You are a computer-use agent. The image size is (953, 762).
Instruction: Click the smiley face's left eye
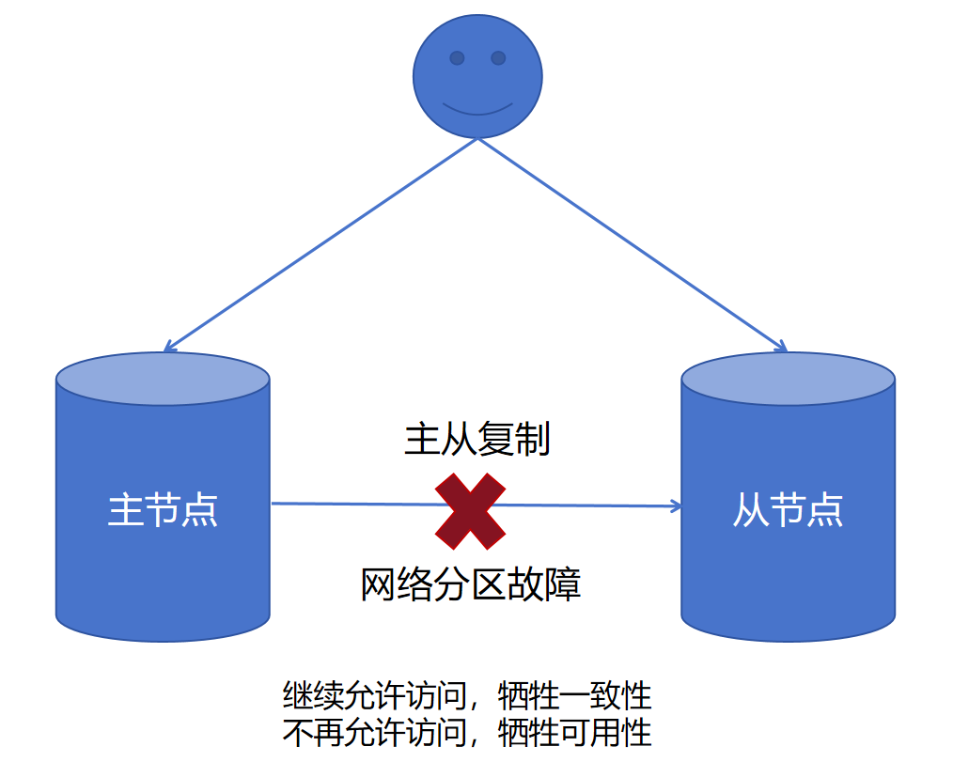[x=457, y=58]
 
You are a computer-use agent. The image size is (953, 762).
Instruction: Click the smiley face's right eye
[x=498, y=58]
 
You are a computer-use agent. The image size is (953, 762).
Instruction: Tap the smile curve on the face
[x=477, y=110]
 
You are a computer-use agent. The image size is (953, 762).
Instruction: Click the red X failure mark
[x=470, y=511]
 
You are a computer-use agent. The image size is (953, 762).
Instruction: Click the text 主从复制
[x=476, y=439]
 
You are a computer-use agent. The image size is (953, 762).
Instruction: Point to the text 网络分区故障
[x=471, y=584]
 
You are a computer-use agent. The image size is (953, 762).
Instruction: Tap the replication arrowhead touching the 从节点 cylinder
[x=676, y=506]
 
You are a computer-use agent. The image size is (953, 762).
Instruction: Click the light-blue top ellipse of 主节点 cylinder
[x=163, y=379]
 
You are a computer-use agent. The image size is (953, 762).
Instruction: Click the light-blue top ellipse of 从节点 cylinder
[x=788, y=379]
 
